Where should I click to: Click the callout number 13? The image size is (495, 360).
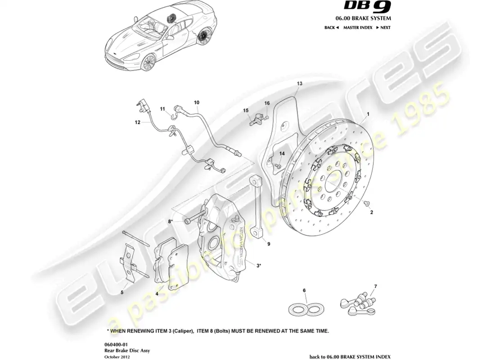(x=300, y=83)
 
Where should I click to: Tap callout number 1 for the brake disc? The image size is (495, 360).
(x=368, y=114)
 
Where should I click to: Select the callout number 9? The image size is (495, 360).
(x=269, y=244)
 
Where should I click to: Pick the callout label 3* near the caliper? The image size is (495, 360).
(x=259, y=266)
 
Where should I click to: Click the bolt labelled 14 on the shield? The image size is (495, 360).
(x=278, y=166)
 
